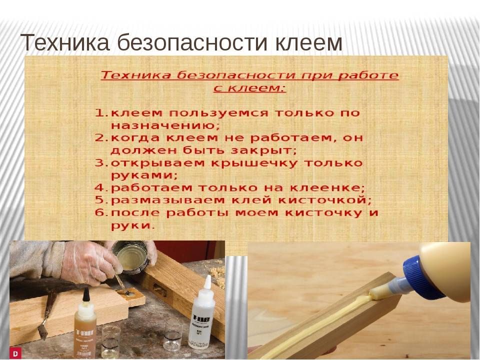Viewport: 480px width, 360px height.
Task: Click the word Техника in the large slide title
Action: pos(64,42)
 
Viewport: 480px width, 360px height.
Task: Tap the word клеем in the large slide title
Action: pos(308,42)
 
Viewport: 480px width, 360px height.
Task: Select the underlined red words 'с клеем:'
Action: pos(249,88)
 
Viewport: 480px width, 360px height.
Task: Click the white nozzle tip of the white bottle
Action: pos(207,282)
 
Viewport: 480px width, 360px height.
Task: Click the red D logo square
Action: pos(15,353)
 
